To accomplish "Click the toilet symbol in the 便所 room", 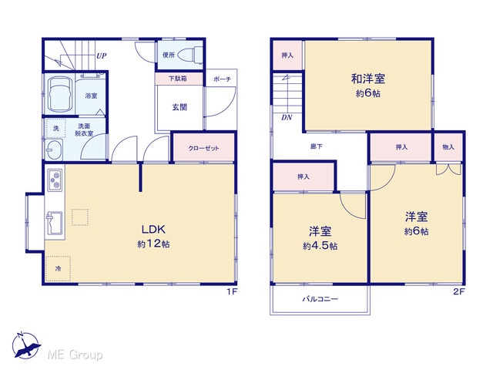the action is (190, 55).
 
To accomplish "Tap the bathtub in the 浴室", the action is (59, 94).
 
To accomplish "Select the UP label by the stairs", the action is (101, 56).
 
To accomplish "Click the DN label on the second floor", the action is (287, 117).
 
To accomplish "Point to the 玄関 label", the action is (179, 107).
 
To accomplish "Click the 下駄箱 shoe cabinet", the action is (179, 79).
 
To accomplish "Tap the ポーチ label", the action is (222, 79).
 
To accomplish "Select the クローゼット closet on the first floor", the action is (203, 148).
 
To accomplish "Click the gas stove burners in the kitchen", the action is (55, 180).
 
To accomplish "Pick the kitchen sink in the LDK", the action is (55, 223).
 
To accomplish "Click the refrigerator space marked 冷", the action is (58, 269).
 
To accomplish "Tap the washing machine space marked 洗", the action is (55, 128).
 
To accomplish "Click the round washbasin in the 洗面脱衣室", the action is (54, 150).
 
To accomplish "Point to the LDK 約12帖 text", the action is (153, 237).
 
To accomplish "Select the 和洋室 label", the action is (368, 79).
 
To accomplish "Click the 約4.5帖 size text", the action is (320, 246).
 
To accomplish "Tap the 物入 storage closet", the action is (448, 146).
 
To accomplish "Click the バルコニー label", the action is (320, 298).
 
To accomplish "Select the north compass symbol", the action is (25, 345).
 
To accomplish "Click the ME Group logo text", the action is (75, 355).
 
